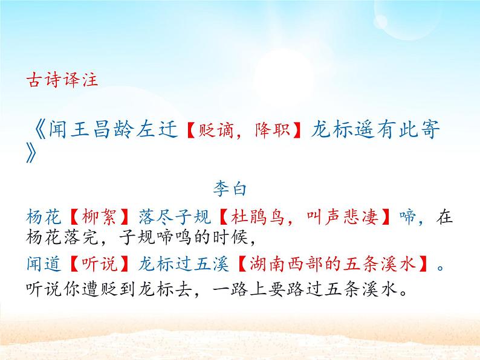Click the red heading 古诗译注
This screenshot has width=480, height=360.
[x=63, y=80]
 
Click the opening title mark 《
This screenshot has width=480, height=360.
[x=37, y=130]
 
